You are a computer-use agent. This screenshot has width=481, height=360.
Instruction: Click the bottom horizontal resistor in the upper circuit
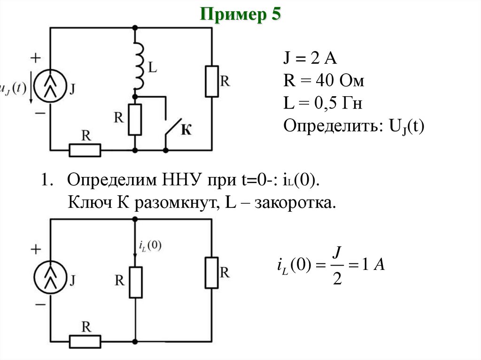[x=85, y=150]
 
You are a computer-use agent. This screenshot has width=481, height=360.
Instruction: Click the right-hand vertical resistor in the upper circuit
[x=212, y=81]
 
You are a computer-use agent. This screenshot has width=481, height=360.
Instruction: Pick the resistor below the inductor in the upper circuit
[x=135, y=119]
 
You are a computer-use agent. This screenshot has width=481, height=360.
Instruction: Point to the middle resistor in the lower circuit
[x=135, y=282]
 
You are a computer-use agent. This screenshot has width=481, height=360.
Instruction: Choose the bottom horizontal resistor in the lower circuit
[x=85, y=341]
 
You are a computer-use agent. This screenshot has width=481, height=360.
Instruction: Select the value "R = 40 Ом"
[x=324, y=82]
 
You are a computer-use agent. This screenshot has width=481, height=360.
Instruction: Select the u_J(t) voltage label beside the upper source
[x=13, y=89]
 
